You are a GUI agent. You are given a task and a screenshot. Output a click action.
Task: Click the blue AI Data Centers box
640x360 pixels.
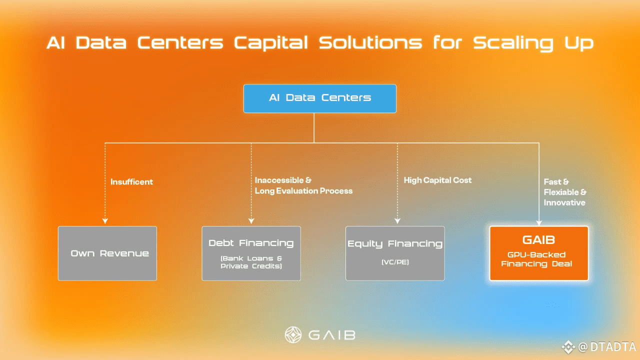319,98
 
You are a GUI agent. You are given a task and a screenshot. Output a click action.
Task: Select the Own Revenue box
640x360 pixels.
107,253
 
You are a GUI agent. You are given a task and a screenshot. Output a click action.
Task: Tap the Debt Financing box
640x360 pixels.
251,253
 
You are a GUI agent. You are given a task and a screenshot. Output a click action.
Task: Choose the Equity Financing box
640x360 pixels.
395,253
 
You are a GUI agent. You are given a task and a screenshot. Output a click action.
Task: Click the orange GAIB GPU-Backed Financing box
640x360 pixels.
538,253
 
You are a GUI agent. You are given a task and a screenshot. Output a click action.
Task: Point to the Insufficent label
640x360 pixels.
131,182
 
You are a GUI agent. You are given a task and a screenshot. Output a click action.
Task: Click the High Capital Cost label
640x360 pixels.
437,180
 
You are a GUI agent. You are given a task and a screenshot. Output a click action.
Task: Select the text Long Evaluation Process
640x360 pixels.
303,191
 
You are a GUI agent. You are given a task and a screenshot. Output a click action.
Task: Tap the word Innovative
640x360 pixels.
564,202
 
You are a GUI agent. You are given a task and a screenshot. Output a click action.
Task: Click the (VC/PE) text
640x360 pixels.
395,261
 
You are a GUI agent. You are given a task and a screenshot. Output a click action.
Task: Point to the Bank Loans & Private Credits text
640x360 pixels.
251,262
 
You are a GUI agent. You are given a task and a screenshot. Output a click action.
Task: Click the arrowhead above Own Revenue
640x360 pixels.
105,220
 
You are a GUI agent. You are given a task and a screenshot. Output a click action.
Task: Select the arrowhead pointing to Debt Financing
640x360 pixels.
251,220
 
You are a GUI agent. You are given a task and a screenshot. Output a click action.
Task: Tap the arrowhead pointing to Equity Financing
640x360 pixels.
397,220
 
